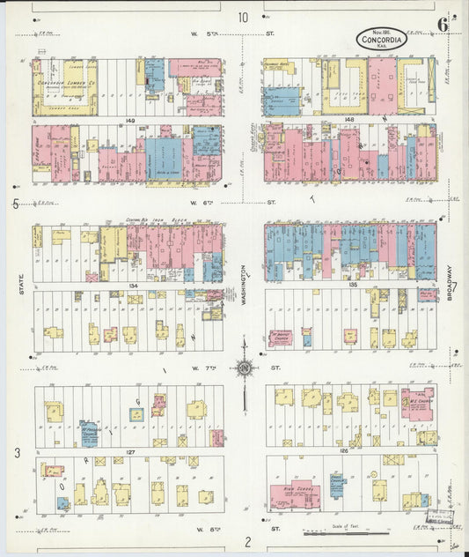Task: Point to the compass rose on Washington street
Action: [x=244, y=368]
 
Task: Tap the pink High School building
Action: [x=294, y=497]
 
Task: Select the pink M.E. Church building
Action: [x=417, y=402]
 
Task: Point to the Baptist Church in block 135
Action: [x=280, y=338]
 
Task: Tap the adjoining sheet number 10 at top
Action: [x=242, y=17]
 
